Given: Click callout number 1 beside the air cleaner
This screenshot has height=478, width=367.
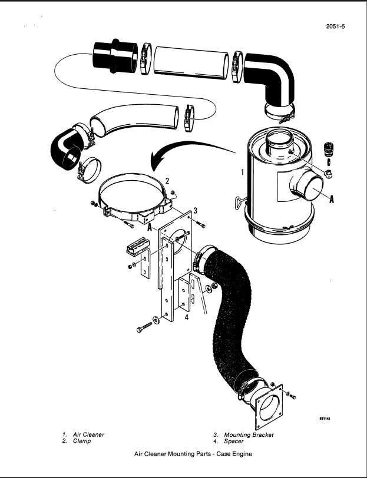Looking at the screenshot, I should (242, 173).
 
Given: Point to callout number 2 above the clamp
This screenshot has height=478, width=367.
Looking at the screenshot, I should (167, 181).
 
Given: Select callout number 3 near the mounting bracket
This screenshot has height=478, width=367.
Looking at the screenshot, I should (195, 210).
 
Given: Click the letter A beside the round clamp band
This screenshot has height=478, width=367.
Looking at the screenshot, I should (151, 227).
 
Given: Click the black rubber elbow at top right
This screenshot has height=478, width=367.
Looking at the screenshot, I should (272, 74).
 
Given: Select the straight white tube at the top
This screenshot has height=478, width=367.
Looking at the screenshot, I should (191, 61).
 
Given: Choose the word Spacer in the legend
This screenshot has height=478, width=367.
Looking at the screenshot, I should (234, 441).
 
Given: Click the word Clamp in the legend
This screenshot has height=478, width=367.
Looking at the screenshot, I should (82, 441).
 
